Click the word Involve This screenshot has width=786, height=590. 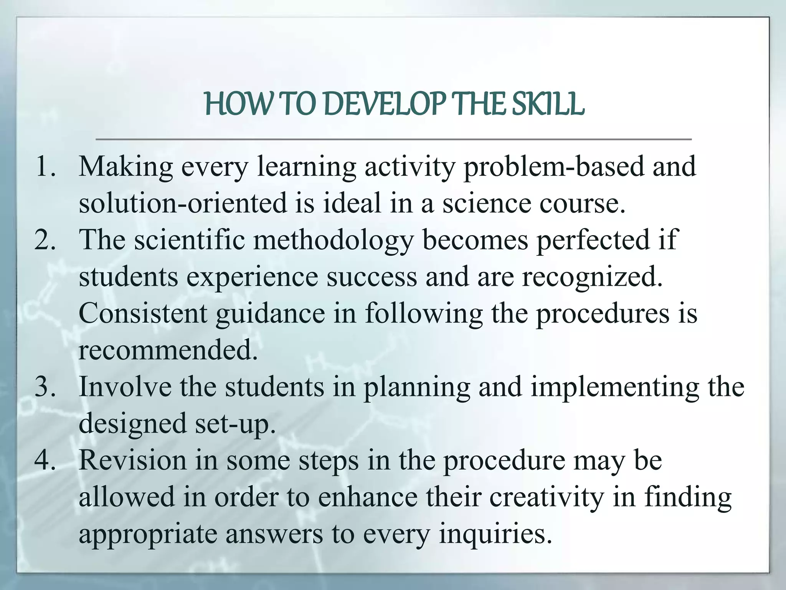click(125, 387)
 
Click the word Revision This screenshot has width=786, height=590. click(132, 461)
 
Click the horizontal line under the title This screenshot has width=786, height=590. click(393, 139)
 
